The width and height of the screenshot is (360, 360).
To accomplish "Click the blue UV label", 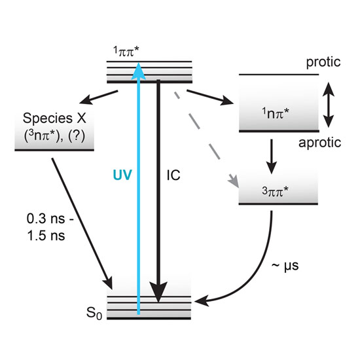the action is pyautogui.click(x=122, y=175).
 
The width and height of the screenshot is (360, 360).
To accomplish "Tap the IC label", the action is pyautogui.click(x=173, y=175).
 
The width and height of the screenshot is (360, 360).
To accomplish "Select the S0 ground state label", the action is pyautogui.click(x=94, y=313).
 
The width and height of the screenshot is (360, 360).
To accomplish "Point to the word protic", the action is pyautogui.click(x=323, y=62).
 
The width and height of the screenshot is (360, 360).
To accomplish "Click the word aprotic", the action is pyautogui.click(x=320, y=143).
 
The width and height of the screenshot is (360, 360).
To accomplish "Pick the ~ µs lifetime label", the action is pyautogui.click(x=285, y=266).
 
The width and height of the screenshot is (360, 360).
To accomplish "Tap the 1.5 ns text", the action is pyautogui.click(x=46, y=236).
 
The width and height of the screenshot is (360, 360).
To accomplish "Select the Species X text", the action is pyautogui.click(x=54, y=118).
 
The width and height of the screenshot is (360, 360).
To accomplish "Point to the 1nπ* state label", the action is pyautogui.click(x=276, y=113).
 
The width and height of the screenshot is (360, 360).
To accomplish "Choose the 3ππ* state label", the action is pyautogui.click(x=275, y=191).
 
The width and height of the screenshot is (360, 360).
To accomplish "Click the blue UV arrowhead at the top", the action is pyautogui.click(x=139, y=71).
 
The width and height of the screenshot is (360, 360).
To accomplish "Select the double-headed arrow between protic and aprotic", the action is pyautogui.click(x=329, y=105).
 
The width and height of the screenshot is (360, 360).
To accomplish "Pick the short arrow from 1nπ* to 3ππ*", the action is pyautogui.click(x=272, y=156).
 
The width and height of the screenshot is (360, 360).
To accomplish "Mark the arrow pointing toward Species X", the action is pyautogui.click(x=99, y=97).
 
